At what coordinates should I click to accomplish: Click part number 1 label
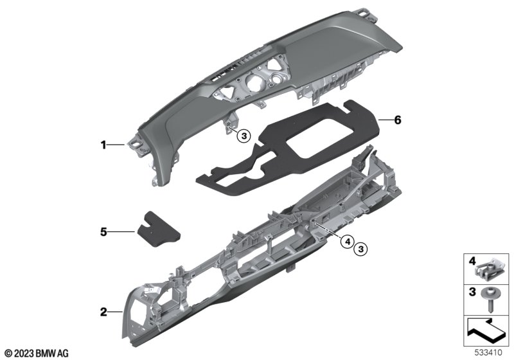(103, 145)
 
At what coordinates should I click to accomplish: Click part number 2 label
(103, 312)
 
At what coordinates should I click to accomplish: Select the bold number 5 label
(103, 232)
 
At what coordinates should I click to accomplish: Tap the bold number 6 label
(397, 120)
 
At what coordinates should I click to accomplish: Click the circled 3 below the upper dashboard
(244, 136)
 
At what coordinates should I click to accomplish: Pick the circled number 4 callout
(347, 242)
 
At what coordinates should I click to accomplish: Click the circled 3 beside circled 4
(360, 249)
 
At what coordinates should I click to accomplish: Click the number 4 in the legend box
(472, 261)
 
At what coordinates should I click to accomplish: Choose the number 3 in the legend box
(472, 291)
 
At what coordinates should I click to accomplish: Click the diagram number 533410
(488, 353)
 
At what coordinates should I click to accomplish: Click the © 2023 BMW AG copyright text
(37, 354)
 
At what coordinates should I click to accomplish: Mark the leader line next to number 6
(385, 120)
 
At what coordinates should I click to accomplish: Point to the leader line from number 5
(121, 232)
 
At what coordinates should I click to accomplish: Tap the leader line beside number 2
(116, 312)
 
